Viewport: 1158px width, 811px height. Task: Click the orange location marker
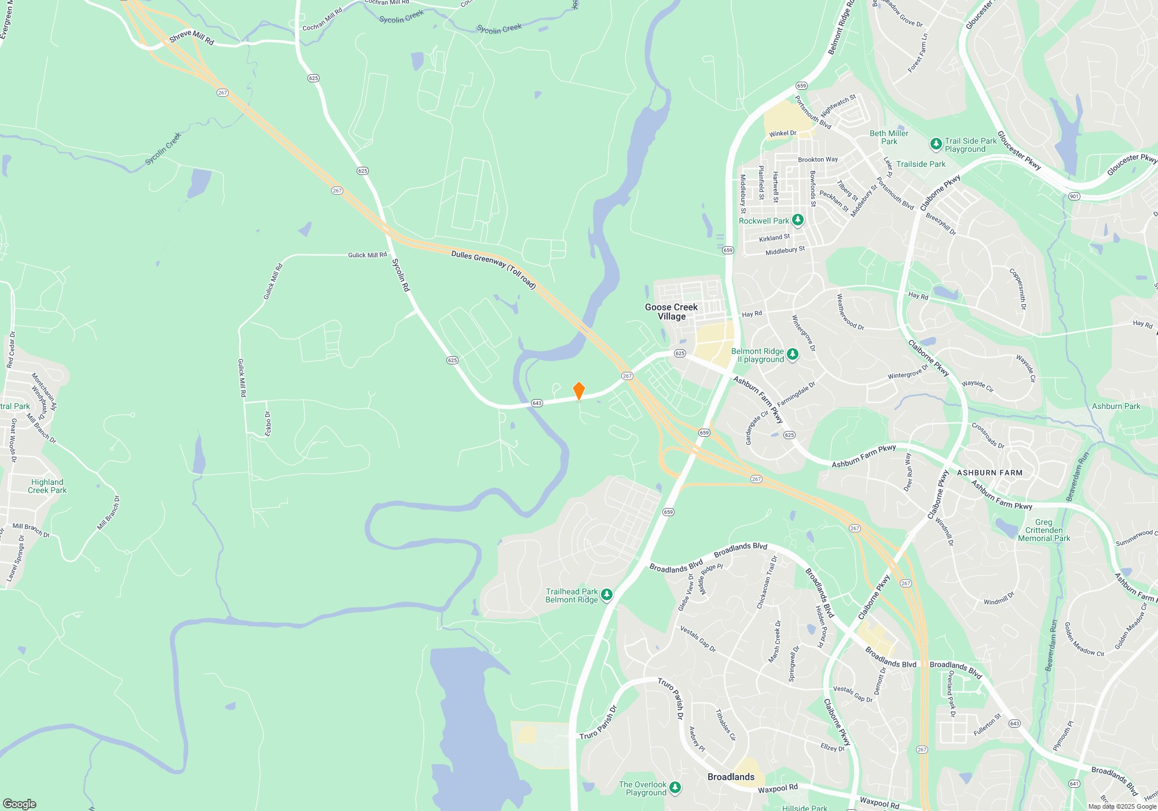pyautogui.click(x=578, y=390)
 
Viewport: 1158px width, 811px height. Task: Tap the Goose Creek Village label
pyautogui.click(x=671, y=312)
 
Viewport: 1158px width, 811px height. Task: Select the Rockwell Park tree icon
pyautogui.click(x=798, y=220)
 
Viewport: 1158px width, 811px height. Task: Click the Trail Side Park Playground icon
pyautogui.click(x=936, y=143)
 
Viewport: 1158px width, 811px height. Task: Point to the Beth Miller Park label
pyautogui.click(x=889, y=137)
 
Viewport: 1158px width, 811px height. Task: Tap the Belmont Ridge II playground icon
pyautogui.click(x=793, y=354)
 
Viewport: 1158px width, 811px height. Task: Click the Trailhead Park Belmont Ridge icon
pyautogui.click(x=607, y=594)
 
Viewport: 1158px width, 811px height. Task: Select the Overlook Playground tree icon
pyautogui.click(x=675, y=787)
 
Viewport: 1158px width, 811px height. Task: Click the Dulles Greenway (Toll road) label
pyautogui.click(x=493, y=269)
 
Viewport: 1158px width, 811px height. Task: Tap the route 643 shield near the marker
pyautogui.click(x=537, y=403)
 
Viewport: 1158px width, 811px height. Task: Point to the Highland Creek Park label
pyautogui.click(x=47, y=486)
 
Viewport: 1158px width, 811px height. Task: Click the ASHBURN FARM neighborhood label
pyautogui.click(x=990, y=473)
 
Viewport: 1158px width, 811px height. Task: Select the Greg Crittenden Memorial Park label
pyautogui.click(x=1043, y=530)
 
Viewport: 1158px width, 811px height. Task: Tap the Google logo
pyautogui.click(x=20, y=804)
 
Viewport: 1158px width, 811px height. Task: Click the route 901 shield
pyautogui.click(x=1074, y=196)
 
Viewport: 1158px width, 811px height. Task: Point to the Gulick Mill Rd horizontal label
pyautogui.click(x=367, y=255)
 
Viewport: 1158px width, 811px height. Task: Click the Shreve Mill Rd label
pyautogui.click(x=192, y=38)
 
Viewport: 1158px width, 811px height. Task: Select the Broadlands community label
pyautogui.click(x=731, y=777)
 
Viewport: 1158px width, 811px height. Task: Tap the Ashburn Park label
pyautogui.click(x=1116, y=406)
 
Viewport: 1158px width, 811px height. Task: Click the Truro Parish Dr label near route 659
pyautogui.click(x=599, y=722)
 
